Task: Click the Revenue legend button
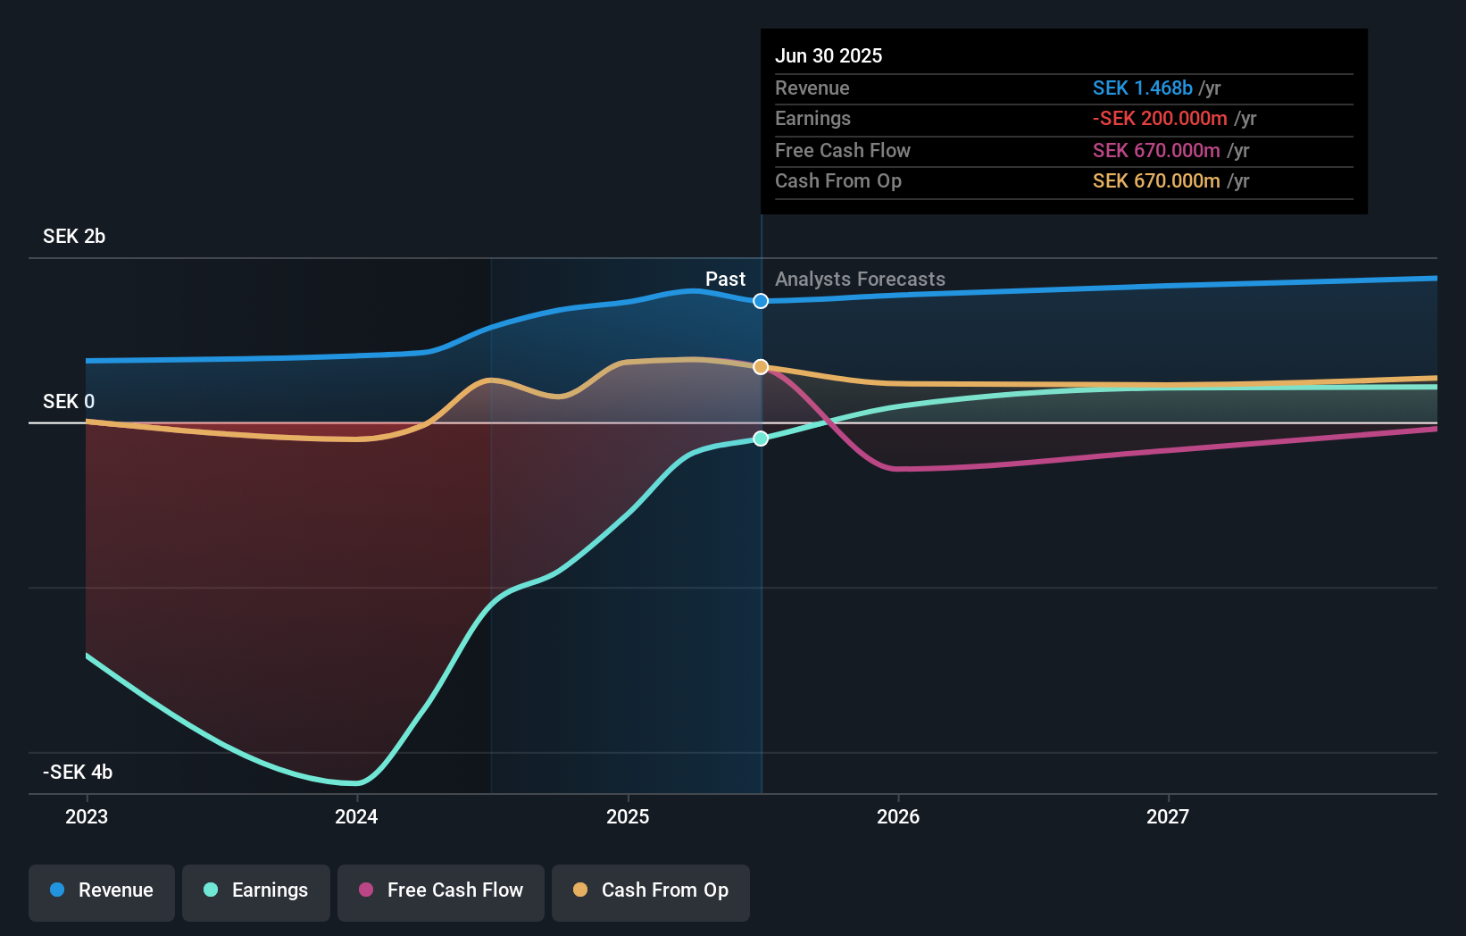pos(102,890)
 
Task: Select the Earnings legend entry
pos(256,890)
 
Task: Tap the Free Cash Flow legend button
pos(441,890)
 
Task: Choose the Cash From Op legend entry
pos(651,890)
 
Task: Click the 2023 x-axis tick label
pos(87,816)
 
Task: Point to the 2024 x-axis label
pos(356,816)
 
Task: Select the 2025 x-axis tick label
pos(628,816)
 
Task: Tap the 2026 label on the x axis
pos(898,816)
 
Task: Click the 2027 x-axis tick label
pos(1168,816)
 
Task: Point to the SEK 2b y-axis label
pos(74,237)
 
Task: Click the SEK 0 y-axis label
pos(69,402)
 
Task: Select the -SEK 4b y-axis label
pos(78,773)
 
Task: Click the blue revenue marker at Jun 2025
pos(761,301)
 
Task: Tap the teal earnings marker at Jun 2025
pos(761,439)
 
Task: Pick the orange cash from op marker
pos(761,367)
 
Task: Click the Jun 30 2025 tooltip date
pos(829,56)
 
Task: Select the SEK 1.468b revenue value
pos(1142,88)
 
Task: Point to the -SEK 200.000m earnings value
pos(1160,119)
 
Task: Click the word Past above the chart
pos(725,280)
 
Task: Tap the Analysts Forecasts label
pos(860,280)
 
